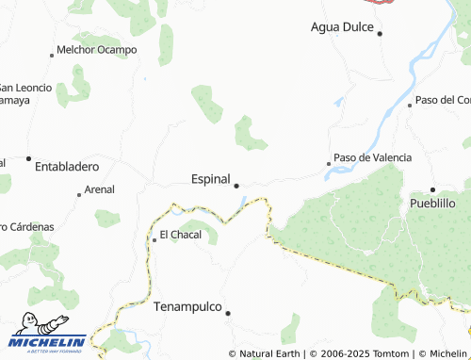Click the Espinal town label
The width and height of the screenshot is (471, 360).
point(210,178)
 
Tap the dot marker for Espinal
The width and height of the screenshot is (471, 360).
point(236,186)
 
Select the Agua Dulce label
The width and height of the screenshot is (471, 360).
point(342,26)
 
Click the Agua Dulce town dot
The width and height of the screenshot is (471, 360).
point(380,34)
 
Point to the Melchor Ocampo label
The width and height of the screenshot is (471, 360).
point(97,49)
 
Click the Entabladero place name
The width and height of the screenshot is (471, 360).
point(67,167)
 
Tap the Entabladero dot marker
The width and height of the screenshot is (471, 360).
point(28,158)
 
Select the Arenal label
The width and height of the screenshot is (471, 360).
point(99,189)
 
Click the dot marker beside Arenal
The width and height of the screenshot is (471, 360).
point(79,194)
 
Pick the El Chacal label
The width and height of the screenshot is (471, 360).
point(180,234)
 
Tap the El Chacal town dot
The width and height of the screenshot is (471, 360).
point(154,239)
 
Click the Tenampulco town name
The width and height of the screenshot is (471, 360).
point(187,307)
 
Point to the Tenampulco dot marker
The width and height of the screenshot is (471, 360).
point(227,313)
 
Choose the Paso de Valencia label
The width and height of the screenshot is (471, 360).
point(372,157)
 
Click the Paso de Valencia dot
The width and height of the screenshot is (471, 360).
point(329,164)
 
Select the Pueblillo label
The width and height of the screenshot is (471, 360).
point(432,203)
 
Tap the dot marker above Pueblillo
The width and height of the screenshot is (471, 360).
point(432,189)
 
